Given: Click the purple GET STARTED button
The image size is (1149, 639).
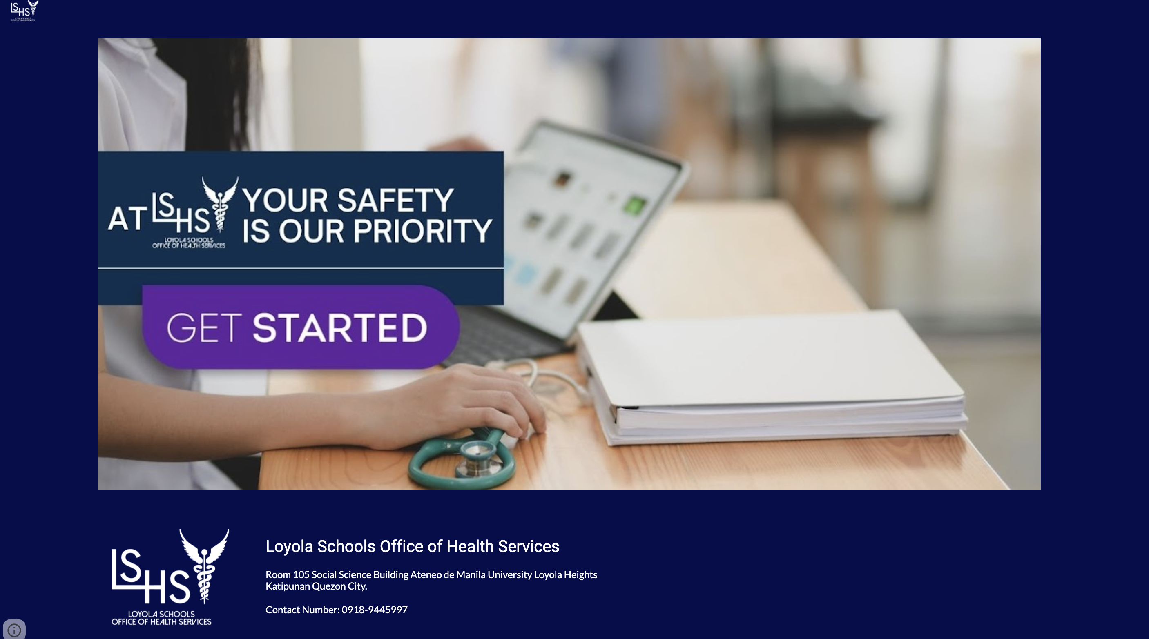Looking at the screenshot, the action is (301, 327).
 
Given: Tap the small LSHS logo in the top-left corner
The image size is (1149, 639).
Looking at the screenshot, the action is (25, 11).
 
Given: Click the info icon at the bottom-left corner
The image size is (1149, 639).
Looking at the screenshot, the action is (14, 630).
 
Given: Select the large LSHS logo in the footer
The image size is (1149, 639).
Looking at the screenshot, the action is (170, 577).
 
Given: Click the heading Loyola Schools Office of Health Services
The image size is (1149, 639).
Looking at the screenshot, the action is (412, 546).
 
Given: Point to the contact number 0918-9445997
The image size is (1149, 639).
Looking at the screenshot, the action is (374, 610).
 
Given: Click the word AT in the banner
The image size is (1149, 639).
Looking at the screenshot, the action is (127, 218).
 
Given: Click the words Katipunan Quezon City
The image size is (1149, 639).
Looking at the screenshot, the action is (316, 586).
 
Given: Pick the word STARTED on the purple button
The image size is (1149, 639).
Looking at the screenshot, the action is (340, 328).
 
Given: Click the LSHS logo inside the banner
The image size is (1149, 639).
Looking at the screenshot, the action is (195, 212).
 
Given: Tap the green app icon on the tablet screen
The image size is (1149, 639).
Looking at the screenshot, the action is (634, 205).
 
